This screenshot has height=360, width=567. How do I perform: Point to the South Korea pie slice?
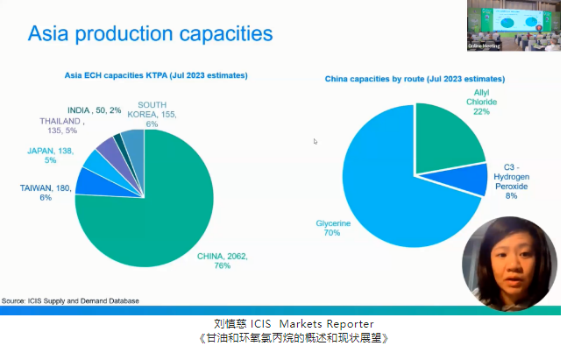pyautogui.click(x=136, y=148)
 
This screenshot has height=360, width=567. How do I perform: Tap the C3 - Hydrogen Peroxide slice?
pyautogui.click(x=466, y=180)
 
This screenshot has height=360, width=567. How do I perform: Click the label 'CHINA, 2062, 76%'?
pyautogui.click(x=222, y=261)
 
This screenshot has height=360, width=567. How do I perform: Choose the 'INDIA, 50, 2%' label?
pyautogui.click(x=95, y=110)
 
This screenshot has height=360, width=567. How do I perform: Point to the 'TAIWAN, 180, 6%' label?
pyautogui.click(x=46, y=193)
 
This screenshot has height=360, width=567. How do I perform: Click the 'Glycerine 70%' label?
pyautogui.click(x=333, y=228)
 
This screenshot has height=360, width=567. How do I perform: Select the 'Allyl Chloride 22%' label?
pyautogui.click(x=481, y=102)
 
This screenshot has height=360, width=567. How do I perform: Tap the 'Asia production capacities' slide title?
pyautogui.click(x=150, y=33)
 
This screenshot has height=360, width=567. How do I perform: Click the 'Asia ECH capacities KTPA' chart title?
pyautogui.click(x=156, y=75)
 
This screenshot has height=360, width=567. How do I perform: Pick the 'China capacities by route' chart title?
pyautogui.click(x=415, y=79)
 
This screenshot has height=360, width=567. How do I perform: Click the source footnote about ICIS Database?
pyautogui.click(x=70, y=300)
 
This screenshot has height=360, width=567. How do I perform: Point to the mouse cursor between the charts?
pyautogui.click(x=315, y=141)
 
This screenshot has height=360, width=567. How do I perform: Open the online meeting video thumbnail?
pyautogui.click(x=514, y=25)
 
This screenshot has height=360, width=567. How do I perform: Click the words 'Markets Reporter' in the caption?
pyautogui.click(x=327, y=323)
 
